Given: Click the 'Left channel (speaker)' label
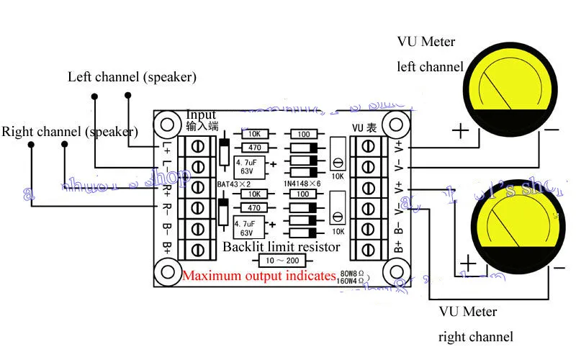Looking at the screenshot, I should pyautogui.click(x=132, y=76).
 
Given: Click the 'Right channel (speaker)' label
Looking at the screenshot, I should pyautogui.click(x=69, y=132).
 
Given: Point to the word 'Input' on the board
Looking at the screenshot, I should pyautogui.click(x=200, y=115).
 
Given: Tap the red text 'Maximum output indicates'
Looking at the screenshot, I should pyautogui.click(x=258, y=276).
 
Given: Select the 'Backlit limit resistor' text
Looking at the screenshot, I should pyautogui.click(x=281, y=246).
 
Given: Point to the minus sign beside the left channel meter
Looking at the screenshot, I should pyautogui.click(x=551, y=130).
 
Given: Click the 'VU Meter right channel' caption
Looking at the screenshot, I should pyautogui.click(x=475, y=324).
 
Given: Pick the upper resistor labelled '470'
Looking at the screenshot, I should pyautogui.click(x=254, y=147).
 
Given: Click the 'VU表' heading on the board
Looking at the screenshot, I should pyautogui.click(x=364, y=128).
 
